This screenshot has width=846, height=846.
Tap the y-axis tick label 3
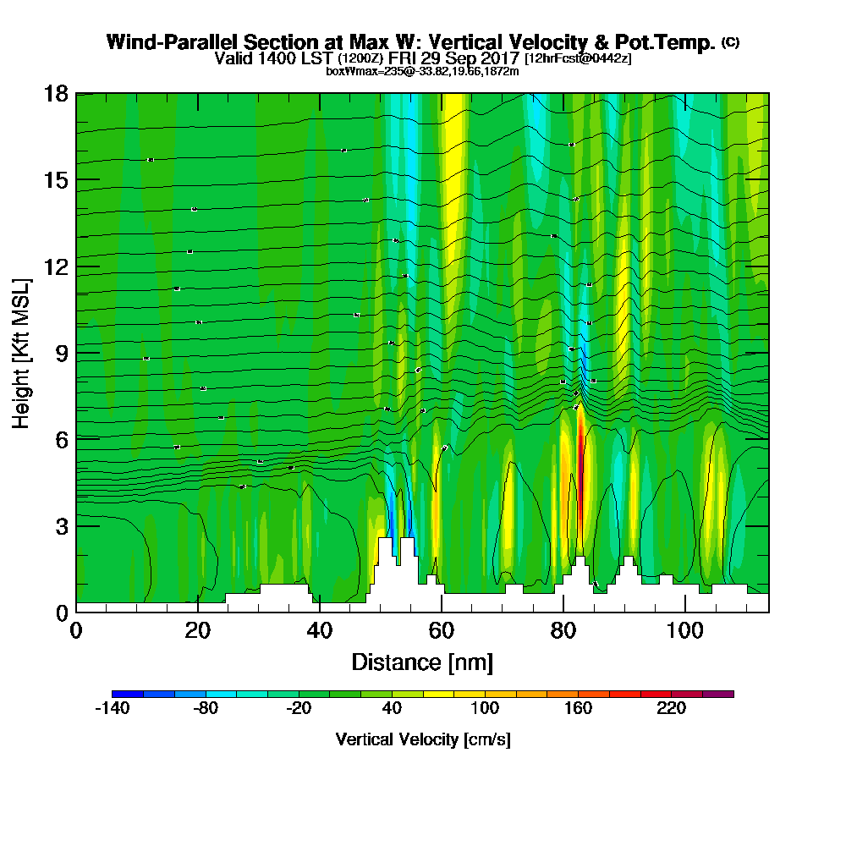pyautogui.click(x=61, y=525)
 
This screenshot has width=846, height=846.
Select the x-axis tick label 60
pyautogui.click(x=441, y=630)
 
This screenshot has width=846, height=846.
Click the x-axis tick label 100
pyautogui.click(x=684, y=630)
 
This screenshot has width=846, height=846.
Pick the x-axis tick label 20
pyautogui.click(x=197, y=630)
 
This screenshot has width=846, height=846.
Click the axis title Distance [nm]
pyautogui.click(x=422, y=662)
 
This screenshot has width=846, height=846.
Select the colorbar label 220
pyautogui.click(x=671, y=709)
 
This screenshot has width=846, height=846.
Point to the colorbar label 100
pyautogui.click(x=485, y=709)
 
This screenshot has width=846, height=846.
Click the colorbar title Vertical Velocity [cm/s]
pyautogui.click(x=422, y=739)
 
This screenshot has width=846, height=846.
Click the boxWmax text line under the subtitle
pyautogui.click(x=422, y=71)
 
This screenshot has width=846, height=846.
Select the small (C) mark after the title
pyautogui.click(x=730, y=41)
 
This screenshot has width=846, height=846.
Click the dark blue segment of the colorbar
pyautogui.click(x=127, y=694)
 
